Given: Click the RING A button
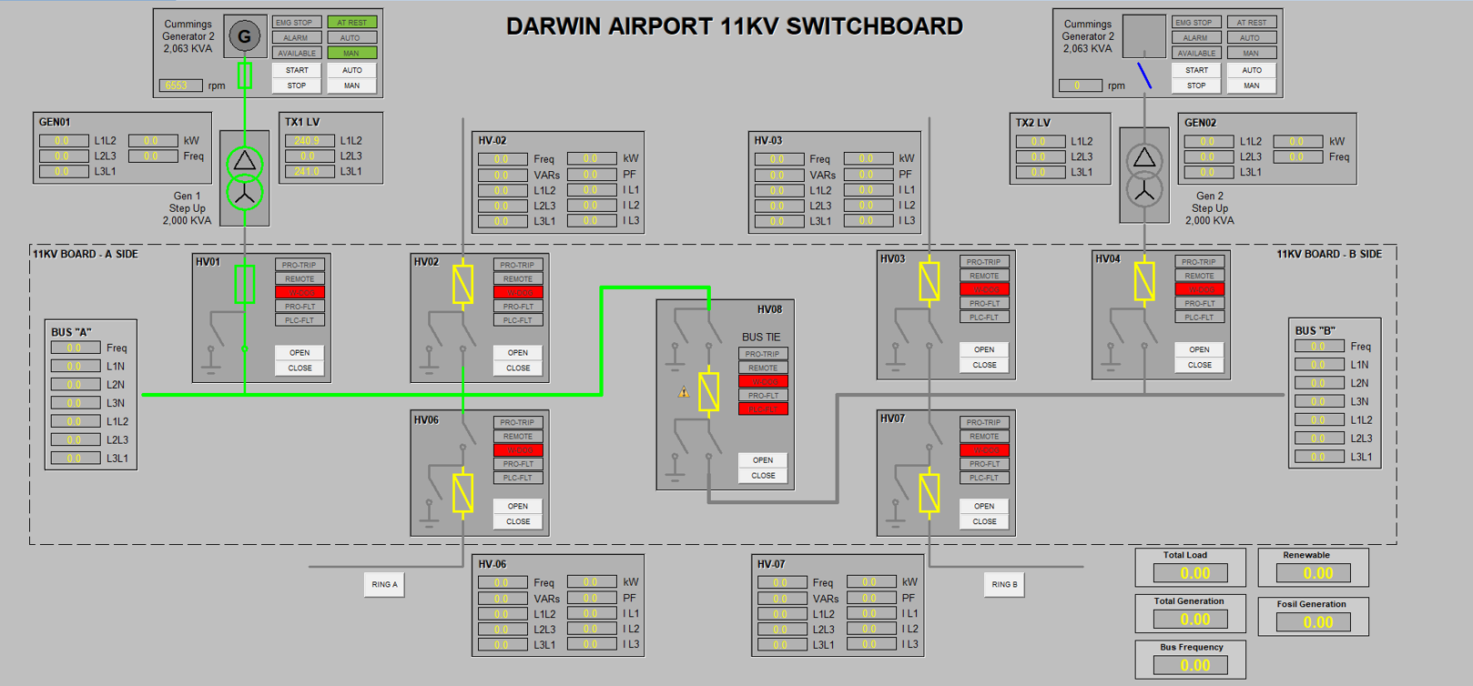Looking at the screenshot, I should tap(384, 584).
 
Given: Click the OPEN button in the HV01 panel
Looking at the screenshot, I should tap(300, 352).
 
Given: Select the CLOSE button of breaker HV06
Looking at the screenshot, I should tap(518, 521).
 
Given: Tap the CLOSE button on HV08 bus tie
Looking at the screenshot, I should tap(763, 475).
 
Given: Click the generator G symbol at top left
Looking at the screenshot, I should tap(244, 36).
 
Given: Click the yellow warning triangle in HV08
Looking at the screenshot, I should tap(684, 392).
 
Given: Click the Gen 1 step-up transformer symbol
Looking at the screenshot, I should tap(244, 177).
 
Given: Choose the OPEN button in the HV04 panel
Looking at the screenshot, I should tap(1199, 349).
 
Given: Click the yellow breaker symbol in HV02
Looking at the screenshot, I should tap(462, 284).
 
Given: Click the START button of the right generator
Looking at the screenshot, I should tap(1196, 70).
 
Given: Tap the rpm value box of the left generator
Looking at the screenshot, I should tap(180, 86).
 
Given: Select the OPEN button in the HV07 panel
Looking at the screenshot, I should tap(984, 506).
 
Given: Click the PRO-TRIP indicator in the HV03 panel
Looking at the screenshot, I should tap(983, 262).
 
